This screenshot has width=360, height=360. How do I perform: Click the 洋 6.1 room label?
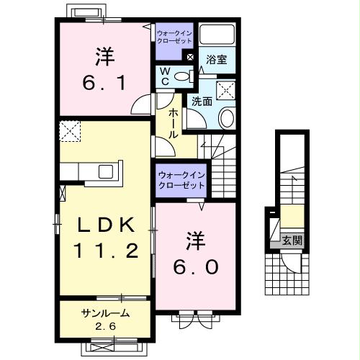104,71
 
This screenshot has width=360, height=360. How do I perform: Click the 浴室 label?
217,60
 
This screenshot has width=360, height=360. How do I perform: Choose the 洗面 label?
201,102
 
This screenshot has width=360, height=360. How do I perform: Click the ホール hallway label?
174,123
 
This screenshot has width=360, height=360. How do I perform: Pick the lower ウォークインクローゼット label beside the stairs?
181,180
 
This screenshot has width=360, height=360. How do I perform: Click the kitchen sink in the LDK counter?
105,171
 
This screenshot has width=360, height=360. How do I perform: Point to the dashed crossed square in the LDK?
71,132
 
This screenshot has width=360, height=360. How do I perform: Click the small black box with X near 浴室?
190,57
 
